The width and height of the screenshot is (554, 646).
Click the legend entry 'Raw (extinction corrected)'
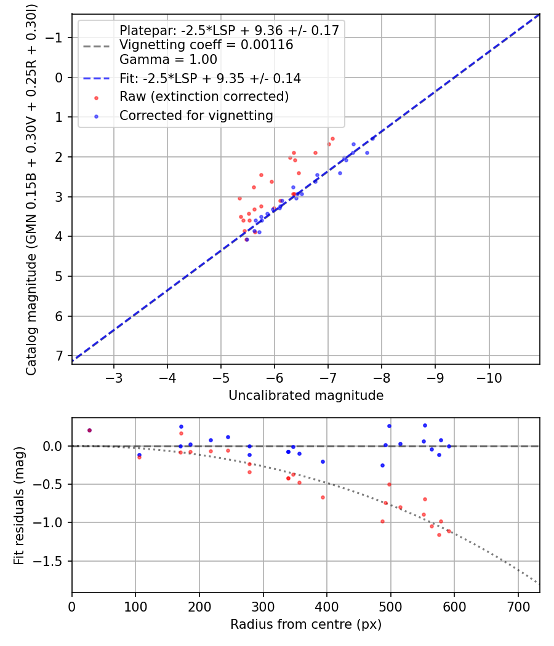(204, 97)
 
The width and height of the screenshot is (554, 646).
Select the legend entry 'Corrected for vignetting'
(196, 115)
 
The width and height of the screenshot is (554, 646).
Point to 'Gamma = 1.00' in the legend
(168, 60)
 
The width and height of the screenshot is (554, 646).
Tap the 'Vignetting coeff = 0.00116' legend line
(206, 45)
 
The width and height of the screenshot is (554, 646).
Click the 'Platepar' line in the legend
(229, 31)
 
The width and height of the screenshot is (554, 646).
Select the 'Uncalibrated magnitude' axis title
(306, 396)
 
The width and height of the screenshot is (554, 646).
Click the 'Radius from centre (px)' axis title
(306, 624)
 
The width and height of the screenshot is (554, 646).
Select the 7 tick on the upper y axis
(59, 356)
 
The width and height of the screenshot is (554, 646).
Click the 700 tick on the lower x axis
(518, 604)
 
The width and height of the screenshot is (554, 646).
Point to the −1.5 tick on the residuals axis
(52, 561)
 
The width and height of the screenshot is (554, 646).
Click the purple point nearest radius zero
(89, 431)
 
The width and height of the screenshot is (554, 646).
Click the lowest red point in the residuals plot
(439, 535)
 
